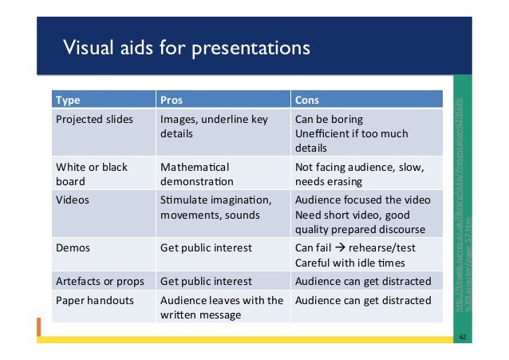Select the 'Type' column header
67,101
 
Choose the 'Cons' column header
308,101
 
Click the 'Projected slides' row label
94,120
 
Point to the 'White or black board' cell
92,175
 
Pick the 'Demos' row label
73,248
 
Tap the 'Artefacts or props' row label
101,281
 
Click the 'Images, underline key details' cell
214,127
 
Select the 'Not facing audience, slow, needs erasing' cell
358,175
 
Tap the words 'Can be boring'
329,120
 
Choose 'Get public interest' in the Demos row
206,248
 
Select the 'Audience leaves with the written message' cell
221,307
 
